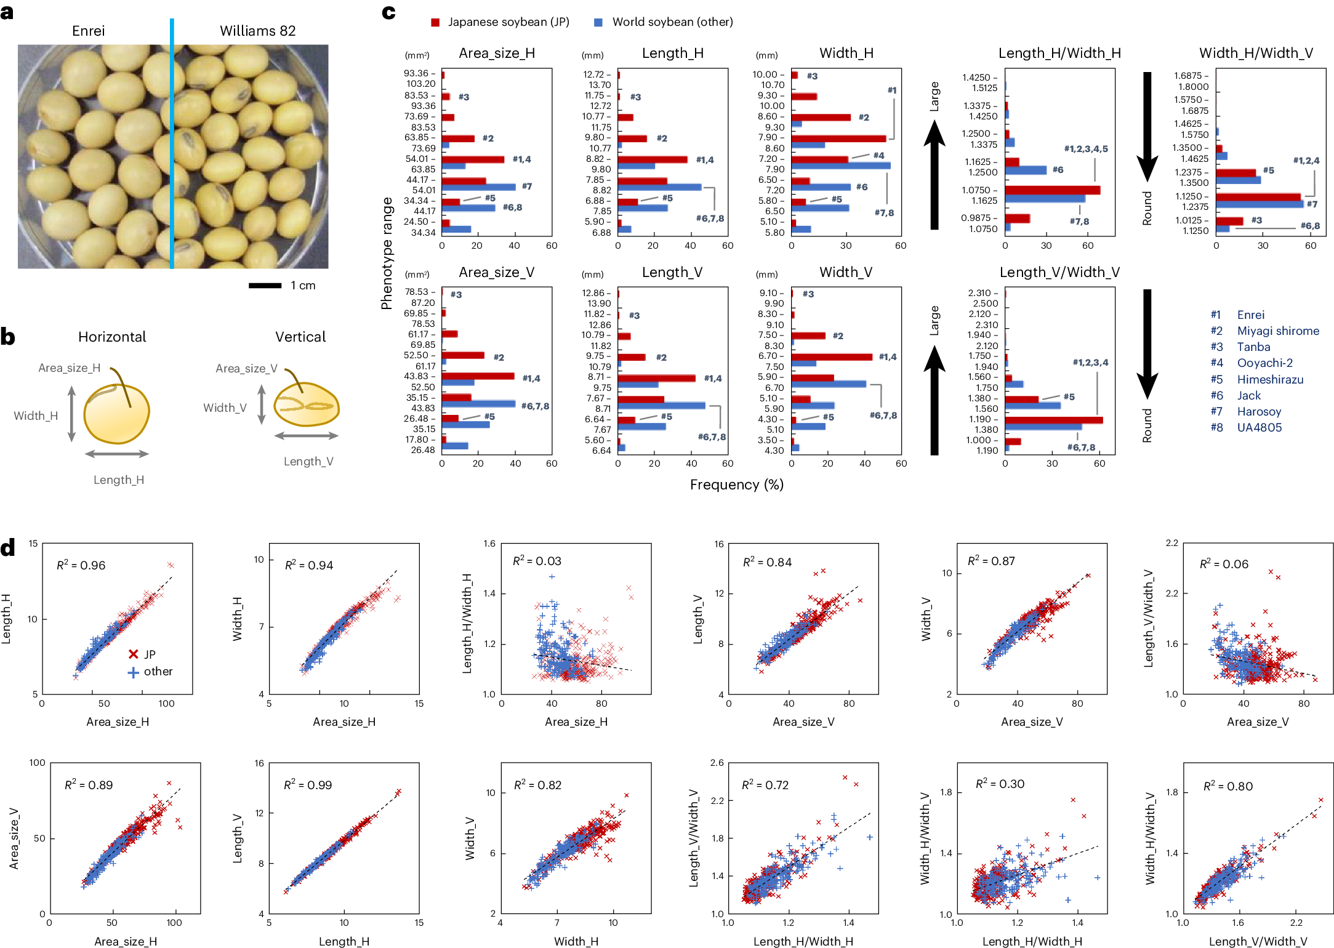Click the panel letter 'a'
coord(7,12)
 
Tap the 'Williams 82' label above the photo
coord(257,31)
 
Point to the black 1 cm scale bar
coord(265,286)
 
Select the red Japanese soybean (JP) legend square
coord(435,22)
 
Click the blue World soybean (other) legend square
coord(598,22)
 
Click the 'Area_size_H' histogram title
coord(496,53)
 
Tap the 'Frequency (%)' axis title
coord(736,484)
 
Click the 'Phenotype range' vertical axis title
coord(387,253)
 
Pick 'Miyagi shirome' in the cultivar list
coord(1278,331)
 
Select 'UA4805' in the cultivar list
coord(1259,427)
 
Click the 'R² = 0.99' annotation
coord(307,785)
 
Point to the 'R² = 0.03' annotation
coord(537,561)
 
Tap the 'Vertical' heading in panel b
coord(300,337)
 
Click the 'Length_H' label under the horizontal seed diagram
coord(119,480)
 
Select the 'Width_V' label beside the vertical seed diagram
coord(225,408)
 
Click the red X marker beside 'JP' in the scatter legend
coord(133,654)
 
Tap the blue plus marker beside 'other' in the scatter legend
coord(133,672)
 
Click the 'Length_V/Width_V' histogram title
coord(1059,272)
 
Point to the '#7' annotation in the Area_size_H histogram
coord(526,186)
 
